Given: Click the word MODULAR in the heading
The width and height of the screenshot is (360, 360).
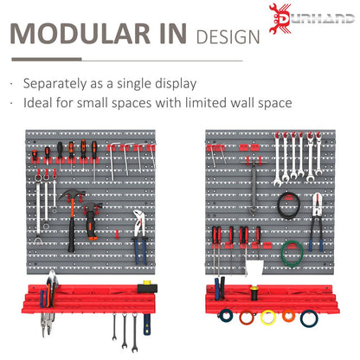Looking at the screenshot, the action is point(80,34).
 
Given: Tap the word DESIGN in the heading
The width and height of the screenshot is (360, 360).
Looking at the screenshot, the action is point(228,37).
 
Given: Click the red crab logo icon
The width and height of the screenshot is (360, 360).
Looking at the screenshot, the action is point(280,19).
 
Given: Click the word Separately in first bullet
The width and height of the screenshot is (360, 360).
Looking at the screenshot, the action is point(55,84).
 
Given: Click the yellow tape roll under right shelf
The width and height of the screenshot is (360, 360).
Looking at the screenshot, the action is point(268,318).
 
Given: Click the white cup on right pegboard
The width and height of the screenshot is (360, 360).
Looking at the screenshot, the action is point(254,267).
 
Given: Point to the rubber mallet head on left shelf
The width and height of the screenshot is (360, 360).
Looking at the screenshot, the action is point(147,287).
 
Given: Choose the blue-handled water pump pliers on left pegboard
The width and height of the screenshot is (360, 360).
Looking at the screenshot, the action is point(139,236).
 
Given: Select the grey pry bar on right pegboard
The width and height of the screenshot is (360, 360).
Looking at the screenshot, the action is point(254,188).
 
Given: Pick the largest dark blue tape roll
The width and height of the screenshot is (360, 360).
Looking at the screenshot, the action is point(309,318).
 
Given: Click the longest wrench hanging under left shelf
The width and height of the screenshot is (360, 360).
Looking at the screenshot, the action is point(134,332).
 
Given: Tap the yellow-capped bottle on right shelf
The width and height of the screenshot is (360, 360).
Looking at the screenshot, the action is point(254,292).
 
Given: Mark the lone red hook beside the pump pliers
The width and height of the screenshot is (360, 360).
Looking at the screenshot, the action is point(117,235).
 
